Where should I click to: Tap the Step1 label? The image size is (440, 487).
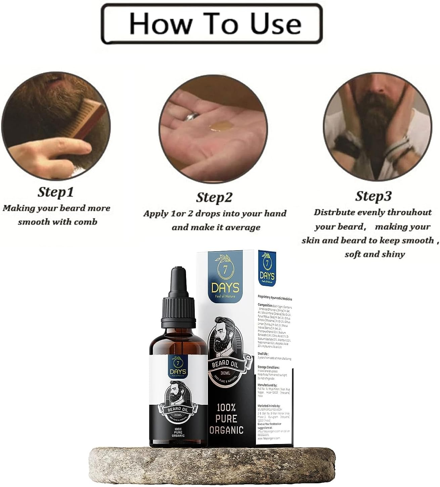(x=55, y=192)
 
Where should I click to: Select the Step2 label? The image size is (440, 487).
(x=214, y=197)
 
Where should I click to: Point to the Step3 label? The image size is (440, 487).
(x=373, y=196)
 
